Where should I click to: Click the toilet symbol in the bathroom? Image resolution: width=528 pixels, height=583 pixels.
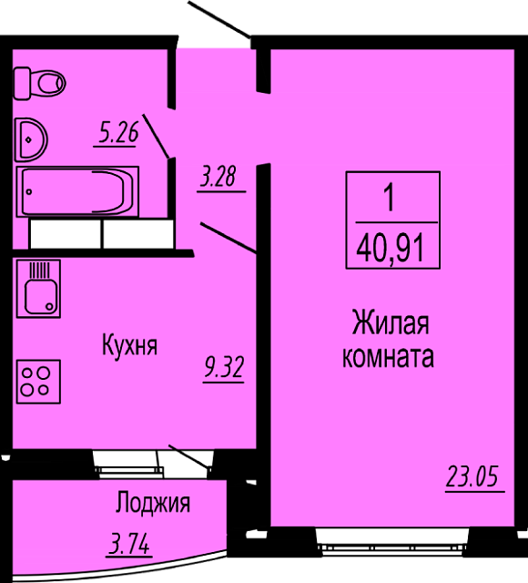click(40, 83)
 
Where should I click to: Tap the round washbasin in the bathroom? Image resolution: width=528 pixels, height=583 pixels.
click(31, 139)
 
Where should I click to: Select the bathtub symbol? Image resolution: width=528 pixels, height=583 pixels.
click(77, 191)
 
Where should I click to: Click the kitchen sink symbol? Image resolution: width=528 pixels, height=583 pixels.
click(38, 289)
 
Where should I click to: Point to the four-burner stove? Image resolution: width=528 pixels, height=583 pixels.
click(38, 382)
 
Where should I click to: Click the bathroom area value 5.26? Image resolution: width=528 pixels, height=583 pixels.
click(118, 133)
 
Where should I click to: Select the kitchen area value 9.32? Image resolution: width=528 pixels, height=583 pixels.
click(224, 367)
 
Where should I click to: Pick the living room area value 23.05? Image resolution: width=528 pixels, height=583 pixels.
click(472, 476)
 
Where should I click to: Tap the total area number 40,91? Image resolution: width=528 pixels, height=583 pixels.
click(391, 250)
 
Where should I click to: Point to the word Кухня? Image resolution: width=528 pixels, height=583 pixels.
click(129, 346)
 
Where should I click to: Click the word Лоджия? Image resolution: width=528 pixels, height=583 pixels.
click(153, 503)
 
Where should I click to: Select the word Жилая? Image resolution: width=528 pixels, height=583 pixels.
click(391, 324)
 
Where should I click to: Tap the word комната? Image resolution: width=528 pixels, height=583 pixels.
click(388, 357)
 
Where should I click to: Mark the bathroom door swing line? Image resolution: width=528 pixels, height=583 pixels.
click(157, 137)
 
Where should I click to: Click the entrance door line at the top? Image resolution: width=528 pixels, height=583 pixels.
click(219, 19)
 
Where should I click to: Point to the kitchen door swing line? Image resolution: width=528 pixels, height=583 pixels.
click(228, 238)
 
